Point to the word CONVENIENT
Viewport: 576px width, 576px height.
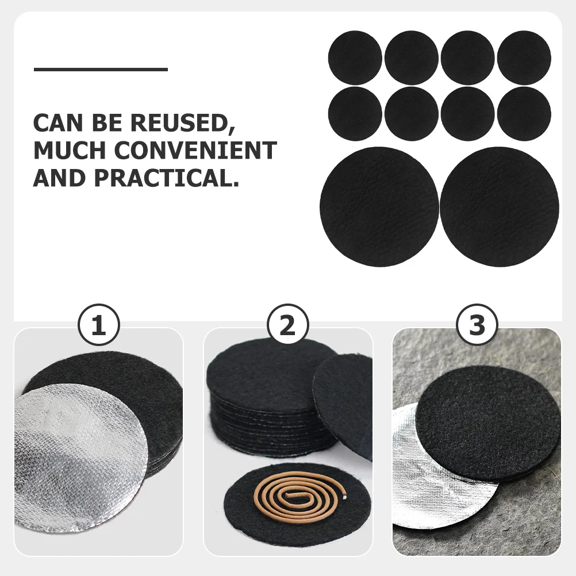coord(195,151)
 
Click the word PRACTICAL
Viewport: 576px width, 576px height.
coord(167,178)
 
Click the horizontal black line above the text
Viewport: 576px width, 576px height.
coord(101,70)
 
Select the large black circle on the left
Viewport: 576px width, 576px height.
coord(379,206)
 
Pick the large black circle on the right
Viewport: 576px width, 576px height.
coord(499,206)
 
